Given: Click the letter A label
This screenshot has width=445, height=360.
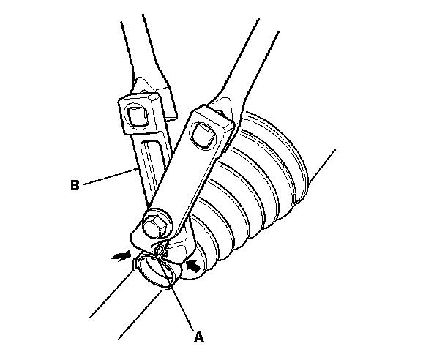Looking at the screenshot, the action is click(197, 338).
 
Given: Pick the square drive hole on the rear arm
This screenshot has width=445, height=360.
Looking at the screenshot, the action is click(136, 115).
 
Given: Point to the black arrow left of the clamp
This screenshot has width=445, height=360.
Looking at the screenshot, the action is click(118, 256).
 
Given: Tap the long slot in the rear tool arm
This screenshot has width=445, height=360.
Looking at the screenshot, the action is click(152, 169).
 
